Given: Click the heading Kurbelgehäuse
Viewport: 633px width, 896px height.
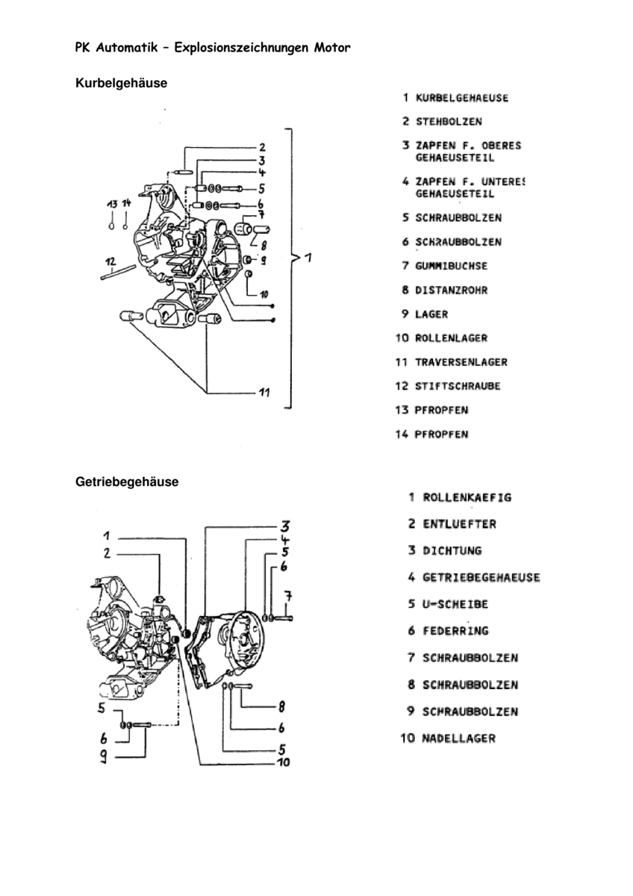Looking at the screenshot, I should coord(121,83).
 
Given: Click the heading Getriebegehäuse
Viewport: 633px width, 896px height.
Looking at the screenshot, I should coord(127,482).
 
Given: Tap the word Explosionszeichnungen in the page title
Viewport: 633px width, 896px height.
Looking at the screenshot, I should coord(237,49).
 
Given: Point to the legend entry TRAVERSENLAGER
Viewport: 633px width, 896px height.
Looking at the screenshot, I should coord(461,362).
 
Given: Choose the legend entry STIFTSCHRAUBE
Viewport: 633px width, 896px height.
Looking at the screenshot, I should coord(458,386).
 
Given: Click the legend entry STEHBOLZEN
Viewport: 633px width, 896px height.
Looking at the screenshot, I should coord(448,121).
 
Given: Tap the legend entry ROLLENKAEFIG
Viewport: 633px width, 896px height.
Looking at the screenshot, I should coord(467,497).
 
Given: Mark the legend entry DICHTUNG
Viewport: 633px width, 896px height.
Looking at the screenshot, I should coord(452,550).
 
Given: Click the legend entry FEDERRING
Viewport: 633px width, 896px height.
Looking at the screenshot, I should coord(455,631).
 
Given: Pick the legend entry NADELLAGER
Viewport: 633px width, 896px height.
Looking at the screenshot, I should coord(458,738).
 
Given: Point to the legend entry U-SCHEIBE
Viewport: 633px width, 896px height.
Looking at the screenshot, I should coord(455,604).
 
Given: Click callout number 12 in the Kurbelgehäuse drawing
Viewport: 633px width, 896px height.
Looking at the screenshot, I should coord(110,261).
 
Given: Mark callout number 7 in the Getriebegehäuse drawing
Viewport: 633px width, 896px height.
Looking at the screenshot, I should coord(287,596).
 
